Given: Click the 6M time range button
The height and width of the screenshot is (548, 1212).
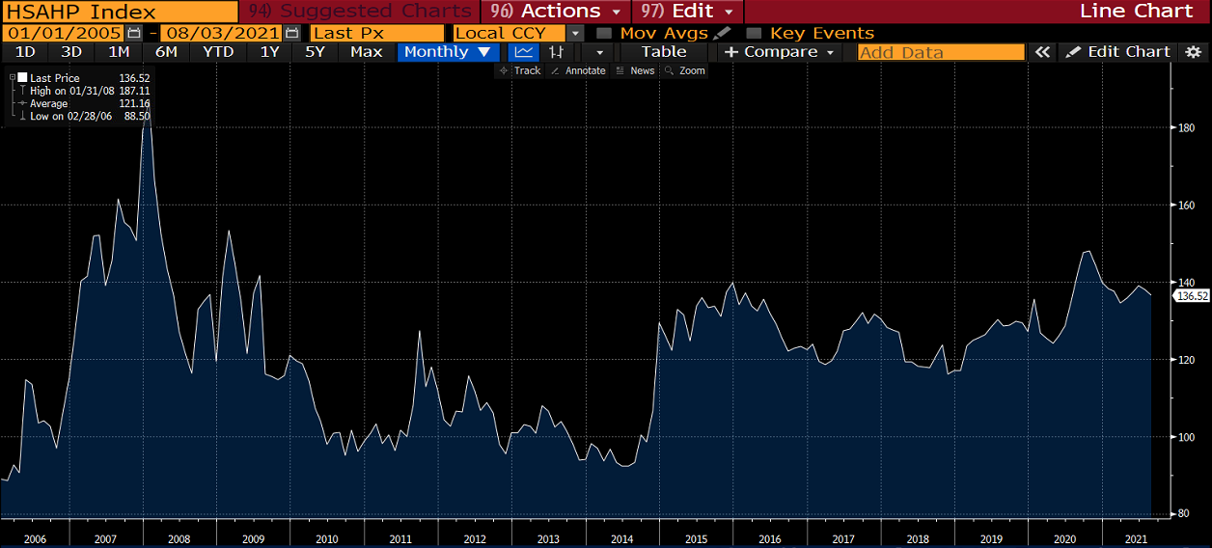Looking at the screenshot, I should pyautogui.click(x=166, y=52).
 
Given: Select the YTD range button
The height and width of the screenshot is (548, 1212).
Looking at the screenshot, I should pyautogui.click(x=218, y=52).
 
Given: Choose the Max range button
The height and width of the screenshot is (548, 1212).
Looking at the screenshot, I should pyautogui.click(x=366, y=52).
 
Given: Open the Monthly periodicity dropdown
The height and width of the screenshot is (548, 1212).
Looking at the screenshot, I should pyautogui.click(x=447, y=52).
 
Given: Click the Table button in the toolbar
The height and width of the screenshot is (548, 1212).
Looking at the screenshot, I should pyautogui.click(x=664, y=52).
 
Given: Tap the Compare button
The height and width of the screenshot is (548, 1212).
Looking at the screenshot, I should pyautogui.click(x=781, y=52).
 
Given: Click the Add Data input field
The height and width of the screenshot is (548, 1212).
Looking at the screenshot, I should pyautogui.click(x=941, y=52).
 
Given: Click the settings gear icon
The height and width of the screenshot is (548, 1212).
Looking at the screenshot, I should pyautogui.click(x=1194, y=52).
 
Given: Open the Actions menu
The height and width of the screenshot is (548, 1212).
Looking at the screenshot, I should pyautogui.click(x=559, y=12).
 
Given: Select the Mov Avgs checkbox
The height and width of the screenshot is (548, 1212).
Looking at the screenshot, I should pyautogui.click(x=604, y=33).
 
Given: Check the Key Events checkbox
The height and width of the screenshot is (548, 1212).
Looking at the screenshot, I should pyautogui.click(x=754, y=33).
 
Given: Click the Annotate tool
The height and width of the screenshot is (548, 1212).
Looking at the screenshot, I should pyautogui.click(x=578, y=70).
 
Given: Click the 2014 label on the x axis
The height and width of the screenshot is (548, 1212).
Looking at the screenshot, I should pyautogui.click(x=622, y=538).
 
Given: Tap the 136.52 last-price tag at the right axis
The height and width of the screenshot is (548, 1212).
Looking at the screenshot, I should pyautogui.click(x=1193, y=296).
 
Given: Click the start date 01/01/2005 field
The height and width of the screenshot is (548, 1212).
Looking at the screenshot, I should pyautogui.click(x=64, y=33).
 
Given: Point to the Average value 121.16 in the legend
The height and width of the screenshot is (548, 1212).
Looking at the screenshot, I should pyautogui.click(x=134, y=103).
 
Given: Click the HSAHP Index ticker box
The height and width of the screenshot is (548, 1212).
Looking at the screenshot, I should pyautogui.click(x=119, y=12).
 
